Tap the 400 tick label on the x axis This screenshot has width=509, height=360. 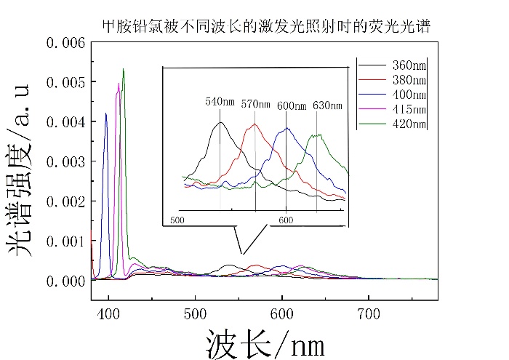108,316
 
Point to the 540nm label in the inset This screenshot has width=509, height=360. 220,102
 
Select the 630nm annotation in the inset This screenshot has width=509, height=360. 327,105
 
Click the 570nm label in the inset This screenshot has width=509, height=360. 254,103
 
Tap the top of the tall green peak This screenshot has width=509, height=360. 124,69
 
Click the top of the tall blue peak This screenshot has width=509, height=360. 105,113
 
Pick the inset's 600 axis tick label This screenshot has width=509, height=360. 286,219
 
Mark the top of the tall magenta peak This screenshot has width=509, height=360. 118,84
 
